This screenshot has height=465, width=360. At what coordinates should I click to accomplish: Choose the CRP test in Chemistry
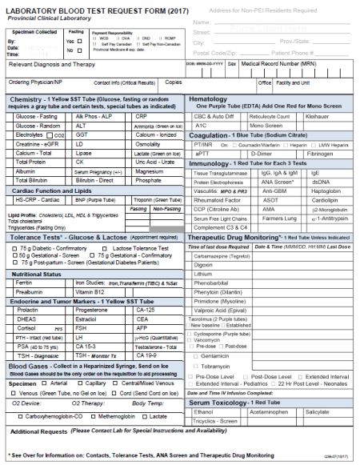[144, 117]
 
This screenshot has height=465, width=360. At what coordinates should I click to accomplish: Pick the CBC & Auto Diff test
[213, 117]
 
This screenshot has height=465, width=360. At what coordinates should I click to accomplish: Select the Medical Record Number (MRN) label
[280, 64]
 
